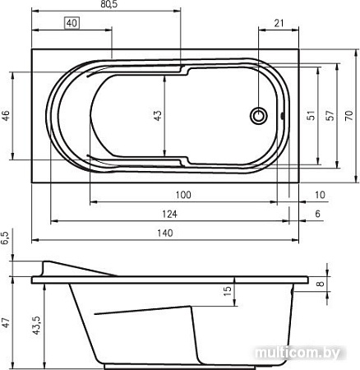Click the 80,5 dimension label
click(x=108, y=4)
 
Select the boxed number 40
click(x=72, y=23)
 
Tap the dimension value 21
click(x=279, y=23)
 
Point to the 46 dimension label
click(x=6, y=116)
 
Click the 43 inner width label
click(x=158, y=116)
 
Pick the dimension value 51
click(x=311, y=116)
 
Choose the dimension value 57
click(x=330, y=116)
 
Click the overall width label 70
click(x=348, y=116)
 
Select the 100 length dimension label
click(x=183, y=195)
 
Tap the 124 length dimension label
click(x=169, y=214)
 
